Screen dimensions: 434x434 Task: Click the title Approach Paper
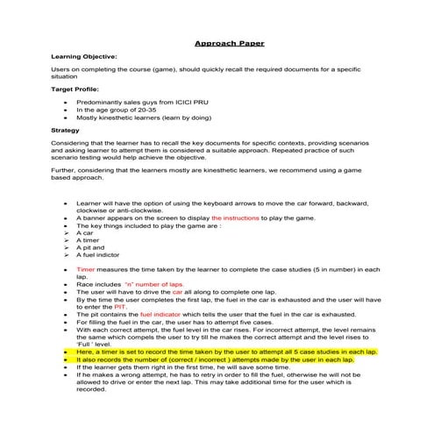[229, 43]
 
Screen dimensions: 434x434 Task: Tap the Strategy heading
[66, 131]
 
